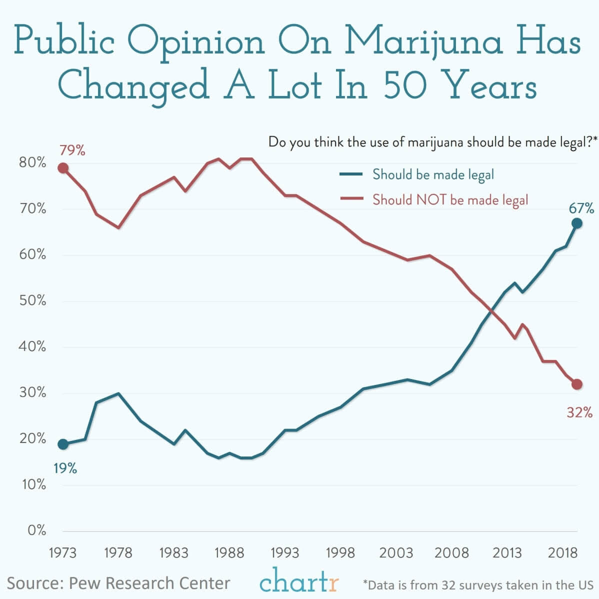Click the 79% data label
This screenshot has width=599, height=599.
click(x=72, y=150)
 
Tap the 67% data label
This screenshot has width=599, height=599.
click(x=581, y=208)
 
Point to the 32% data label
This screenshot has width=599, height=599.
click(x=579, y=412)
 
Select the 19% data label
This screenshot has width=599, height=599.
click(x=65, y=468)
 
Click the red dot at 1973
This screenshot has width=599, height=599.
click(x=63, y=168)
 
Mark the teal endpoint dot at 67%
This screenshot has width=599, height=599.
click(x=577, y=223)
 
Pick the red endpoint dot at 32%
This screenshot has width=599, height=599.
click(x=577, y=384)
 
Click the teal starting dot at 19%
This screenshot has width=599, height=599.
click(x=63, y=444)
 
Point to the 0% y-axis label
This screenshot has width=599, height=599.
click(x=36, y=530)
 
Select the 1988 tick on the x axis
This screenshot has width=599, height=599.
click(x=229, y=553)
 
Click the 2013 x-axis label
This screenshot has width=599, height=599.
click(x=507, y=553)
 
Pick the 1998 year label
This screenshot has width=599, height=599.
click(x=340, y=553)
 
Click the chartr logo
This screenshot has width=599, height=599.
click(x=299, y=581)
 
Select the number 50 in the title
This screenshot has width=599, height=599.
click(x=405, y=85)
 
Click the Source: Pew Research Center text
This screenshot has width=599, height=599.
click(x=118, y=583)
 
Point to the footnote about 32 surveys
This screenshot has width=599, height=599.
click(x=478, y=584)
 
